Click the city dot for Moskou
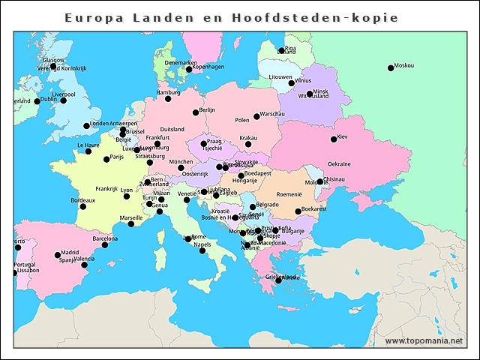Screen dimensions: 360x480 [391, 68]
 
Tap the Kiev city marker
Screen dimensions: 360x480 [334, 139]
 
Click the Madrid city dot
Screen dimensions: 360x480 [58, 255]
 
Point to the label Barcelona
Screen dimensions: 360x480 [105, 238]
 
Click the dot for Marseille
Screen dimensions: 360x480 [131, 223]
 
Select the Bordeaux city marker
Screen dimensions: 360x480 [82, 206]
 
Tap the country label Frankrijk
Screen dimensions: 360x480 [106, 188]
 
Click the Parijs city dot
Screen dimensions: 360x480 [106, 159]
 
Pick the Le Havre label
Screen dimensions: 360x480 [88, 145]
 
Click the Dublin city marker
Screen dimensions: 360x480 [37, 101]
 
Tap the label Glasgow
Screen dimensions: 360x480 [54, 60]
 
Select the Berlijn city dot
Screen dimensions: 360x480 [196, 112]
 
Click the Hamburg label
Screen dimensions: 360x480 [168, 92]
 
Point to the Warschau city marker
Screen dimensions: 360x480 [256, 116]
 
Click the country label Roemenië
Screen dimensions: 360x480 [288, 193]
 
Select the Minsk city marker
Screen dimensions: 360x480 [310, 94]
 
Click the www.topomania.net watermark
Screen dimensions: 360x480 [424, 340]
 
